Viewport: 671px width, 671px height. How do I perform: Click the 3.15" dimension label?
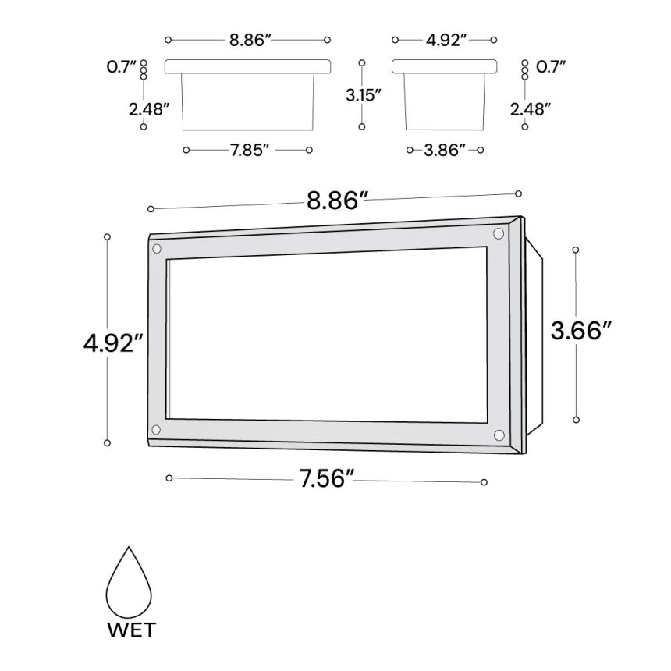coord(363,95)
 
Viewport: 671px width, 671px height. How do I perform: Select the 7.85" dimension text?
coord(249,149)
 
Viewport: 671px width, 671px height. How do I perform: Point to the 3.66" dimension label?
coord(580,331)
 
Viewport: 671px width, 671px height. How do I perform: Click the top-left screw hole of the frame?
coord(157,249)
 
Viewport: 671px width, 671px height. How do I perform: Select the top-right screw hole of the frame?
coord(499,233)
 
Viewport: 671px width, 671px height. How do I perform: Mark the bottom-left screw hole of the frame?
coord(156,430)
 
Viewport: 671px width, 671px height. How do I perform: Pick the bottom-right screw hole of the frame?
coord(499,435)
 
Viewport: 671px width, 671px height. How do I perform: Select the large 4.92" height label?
coord(114,342)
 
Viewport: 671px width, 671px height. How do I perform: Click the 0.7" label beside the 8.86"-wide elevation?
coord(122,67)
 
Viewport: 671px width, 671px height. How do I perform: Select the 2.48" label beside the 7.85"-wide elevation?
coord(150,109)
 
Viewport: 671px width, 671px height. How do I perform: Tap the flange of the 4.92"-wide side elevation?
coord(445,66)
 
